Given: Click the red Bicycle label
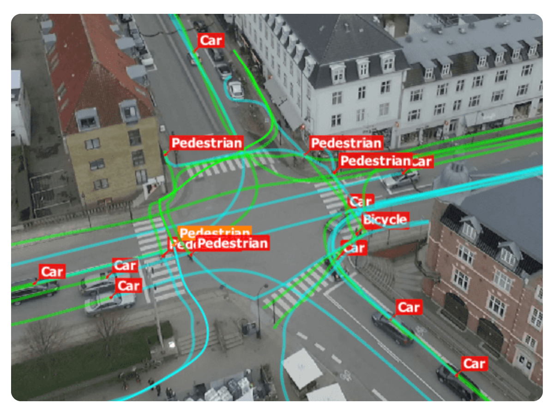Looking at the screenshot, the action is [385, 220].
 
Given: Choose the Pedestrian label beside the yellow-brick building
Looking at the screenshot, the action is [206, 143].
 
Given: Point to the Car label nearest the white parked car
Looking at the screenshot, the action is [211, 41].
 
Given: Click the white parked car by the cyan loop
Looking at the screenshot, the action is [236, 89].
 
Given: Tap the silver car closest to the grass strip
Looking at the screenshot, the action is [110, 303].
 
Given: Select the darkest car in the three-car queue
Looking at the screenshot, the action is [35, 289].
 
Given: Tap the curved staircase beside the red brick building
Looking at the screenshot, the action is [392, 272].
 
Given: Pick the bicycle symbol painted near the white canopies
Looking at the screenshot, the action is [345, 375].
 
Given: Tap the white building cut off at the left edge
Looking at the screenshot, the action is [20, 106].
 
